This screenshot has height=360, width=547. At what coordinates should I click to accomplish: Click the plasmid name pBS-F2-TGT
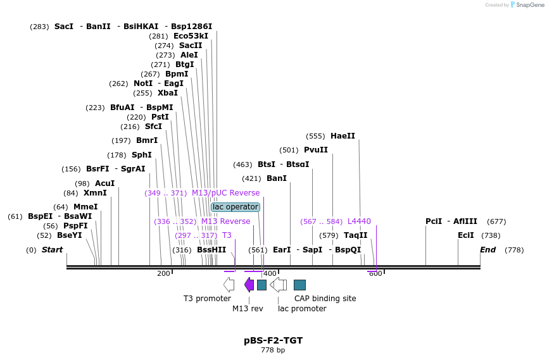pos(273,340)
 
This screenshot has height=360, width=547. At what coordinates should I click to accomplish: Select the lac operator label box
pos(236,207)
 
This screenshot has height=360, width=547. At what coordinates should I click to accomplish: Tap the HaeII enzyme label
pos(343,136)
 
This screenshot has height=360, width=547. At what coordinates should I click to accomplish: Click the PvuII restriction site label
pos(316,150)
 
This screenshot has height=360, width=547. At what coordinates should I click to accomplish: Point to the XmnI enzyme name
pos(95,193)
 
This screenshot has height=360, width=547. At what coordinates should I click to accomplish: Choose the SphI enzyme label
pos(141,155)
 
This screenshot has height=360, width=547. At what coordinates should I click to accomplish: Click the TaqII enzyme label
pos(355,235)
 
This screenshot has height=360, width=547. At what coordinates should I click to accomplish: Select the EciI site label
pos(465,235)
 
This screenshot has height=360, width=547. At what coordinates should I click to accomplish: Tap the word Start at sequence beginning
pos(53,250)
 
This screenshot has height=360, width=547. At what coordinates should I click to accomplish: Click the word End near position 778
pos(487,250)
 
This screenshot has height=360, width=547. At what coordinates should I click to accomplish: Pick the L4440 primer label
pos(359,221)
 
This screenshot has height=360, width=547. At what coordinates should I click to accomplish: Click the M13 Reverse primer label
pos(225,221)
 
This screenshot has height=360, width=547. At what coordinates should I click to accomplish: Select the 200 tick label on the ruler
pos(163,273)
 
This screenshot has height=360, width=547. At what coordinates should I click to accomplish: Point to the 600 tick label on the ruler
pos(375,273)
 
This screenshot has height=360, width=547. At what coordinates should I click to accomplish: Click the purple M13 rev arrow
pos(249,285)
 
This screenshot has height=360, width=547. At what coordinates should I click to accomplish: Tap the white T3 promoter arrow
pos(229,285)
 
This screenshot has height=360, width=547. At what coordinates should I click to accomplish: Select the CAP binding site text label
pos(325,299)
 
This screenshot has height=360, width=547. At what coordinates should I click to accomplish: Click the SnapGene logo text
pos(531,5)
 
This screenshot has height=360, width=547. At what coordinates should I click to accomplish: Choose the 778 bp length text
pos(273,350)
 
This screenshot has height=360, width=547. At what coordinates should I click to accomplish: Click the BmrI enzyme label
pos(147,140)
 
